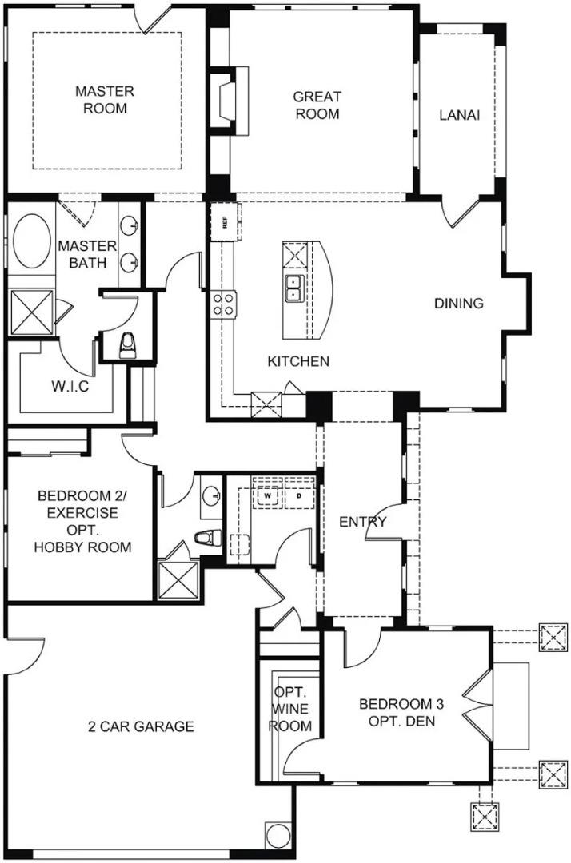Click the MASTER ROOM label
tap(105, 100)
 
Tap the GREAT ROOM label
tap(317, 105)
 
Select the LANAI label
tap(459, 115)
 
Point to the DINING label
tap(459, 304)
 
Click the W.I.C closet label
tap(70, 388)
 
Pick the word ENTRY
tap(362, 523)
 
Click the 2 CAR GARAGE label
tap(141, 726)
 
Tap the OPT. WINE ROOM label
tap(289, 709)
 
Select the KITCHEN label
tap(298, 362)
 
